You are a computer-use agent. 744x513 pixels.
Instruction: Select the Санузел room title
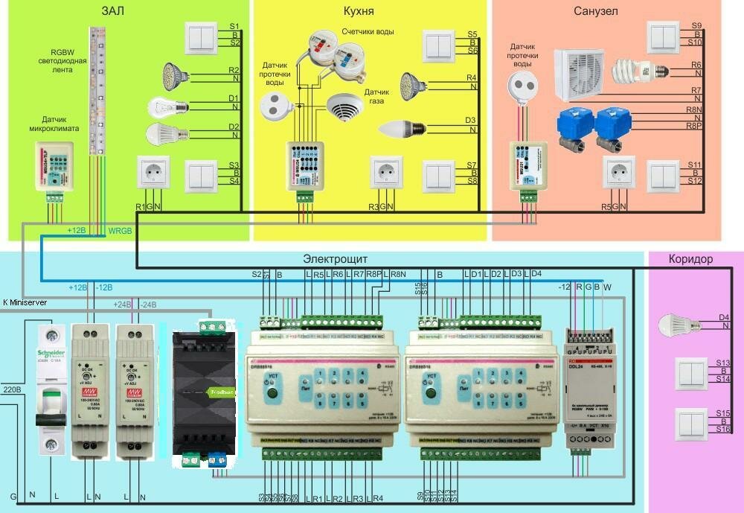596,11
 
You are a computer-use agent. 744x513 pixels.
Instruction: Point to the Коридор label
690,260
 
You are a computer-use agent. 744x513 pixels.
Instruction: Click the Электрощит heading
336,260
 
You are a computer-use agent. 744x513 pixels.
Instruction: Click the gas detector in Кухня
344,110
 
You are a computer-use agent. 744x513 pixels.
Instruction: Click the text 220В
11,387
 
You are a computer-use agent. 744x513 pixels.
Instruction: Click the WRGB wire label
120,232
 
